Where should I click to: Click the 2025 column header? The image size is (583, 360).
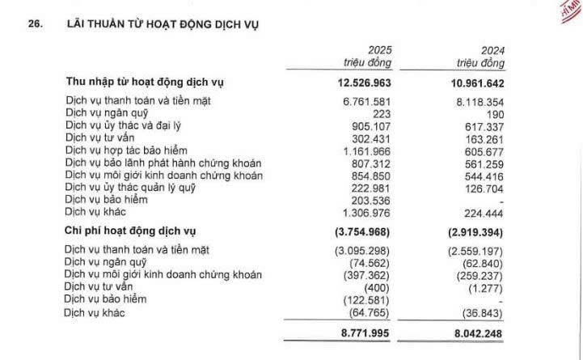[x=379, y=49]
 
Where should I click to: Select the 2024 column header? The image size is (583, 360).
[x=492, y=49]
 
